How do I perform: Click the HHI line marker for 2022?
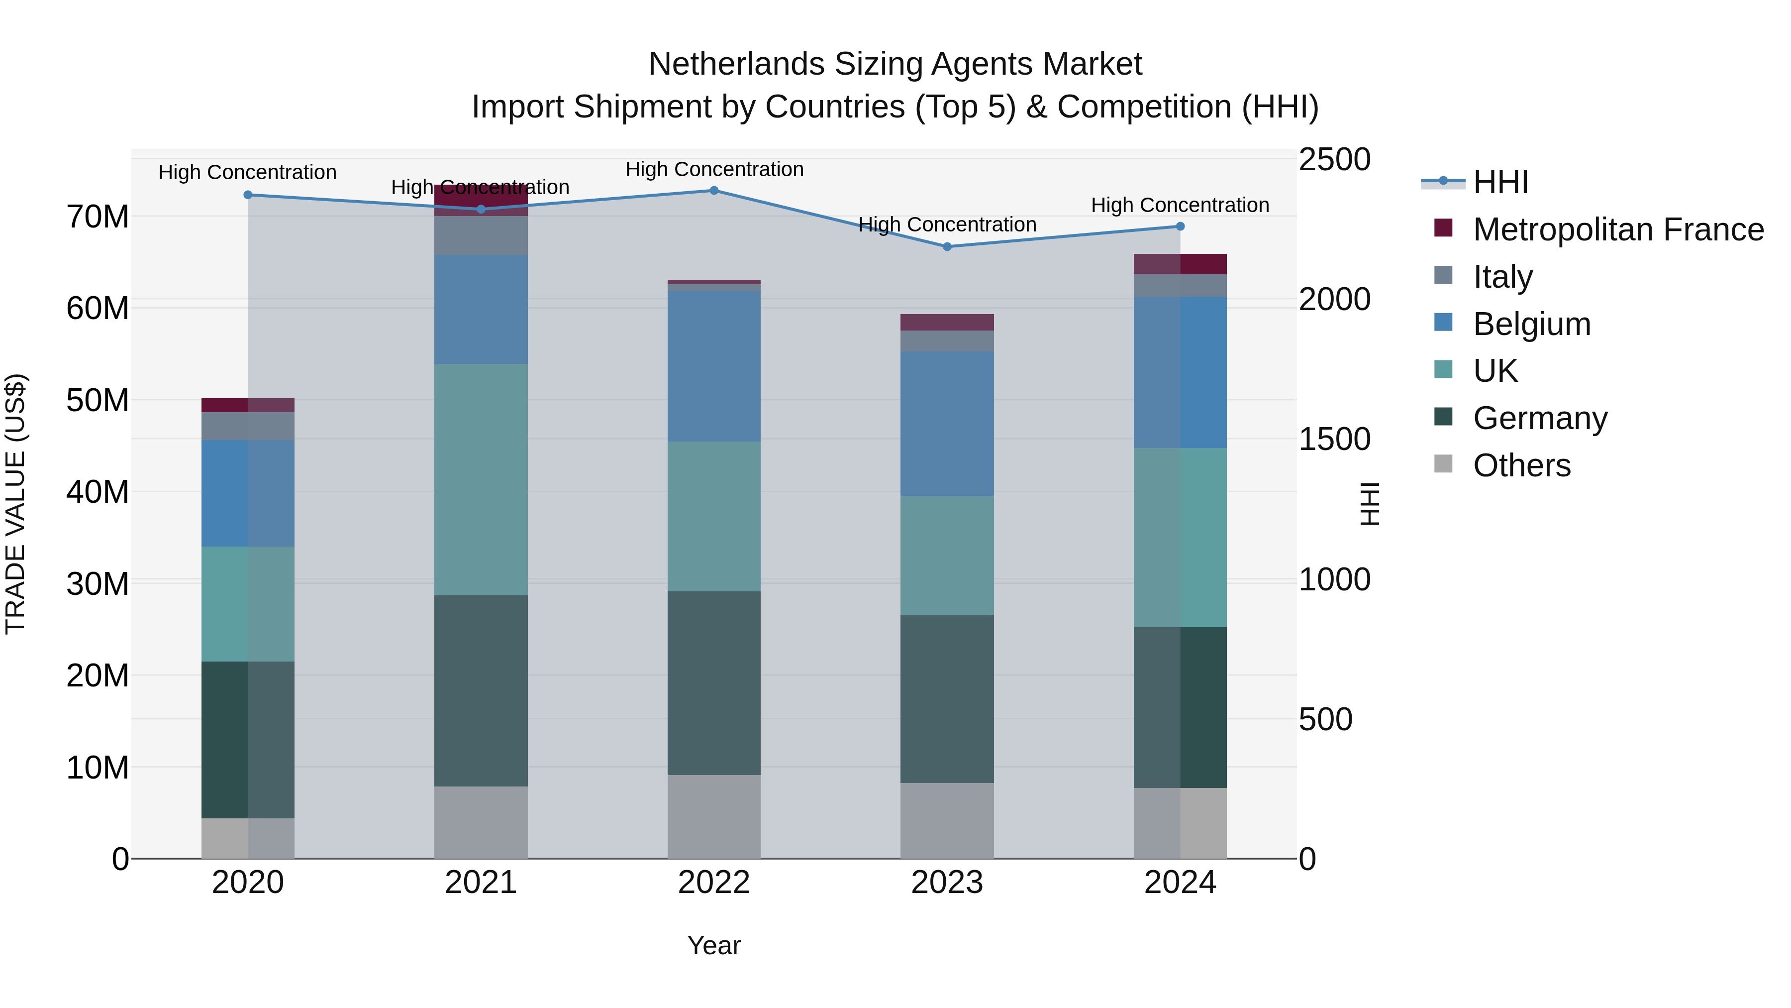tap(714, 190)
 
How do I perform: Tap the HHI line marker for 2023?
tap(947, 246)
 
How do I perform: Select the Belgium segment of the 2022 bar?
tap(714, 366)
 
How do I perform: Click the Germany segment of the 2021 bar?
tap(481, 691)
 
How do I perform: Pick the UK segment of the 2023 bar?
tap(947, 555)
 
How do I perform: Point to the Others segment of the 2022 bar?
tap(714, 817)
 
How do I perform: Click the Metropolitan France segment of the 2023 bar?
tap(947, 322)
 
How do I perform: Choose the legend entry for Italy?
tap(1502, 277)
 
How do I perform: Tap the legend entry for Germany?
tap(1539, 418)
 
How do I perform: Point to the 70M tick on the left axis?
tap(98, 217)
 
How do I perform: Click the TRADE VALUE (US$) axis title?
tap(15, 504)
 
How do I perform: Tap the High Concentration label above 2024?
tap(1180, 205)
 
